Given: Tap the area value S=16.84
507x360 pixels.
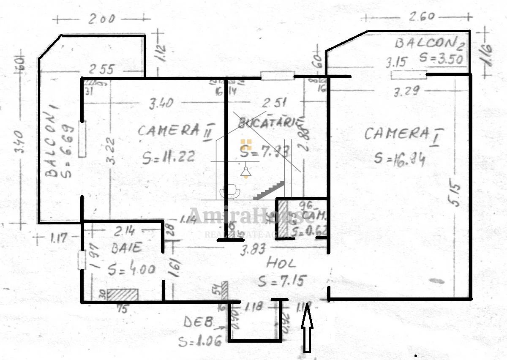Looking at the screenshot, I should point(399,158).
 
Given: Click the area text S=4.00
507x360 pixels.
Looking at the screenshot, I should point(131,269).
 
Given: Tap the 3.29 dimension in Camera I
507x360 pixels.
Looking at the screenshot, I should point(406,91).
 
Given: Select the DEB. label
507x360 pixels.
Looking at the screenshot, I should point(198,322).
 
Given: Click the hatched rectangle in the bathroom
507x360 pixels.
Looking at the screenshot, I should point(123,295).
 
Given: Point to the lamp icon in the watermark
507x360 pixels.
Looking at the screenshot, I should point(245,171).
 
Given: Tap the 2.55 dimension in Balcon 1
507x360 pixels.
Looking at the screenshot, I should point(101,69).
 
